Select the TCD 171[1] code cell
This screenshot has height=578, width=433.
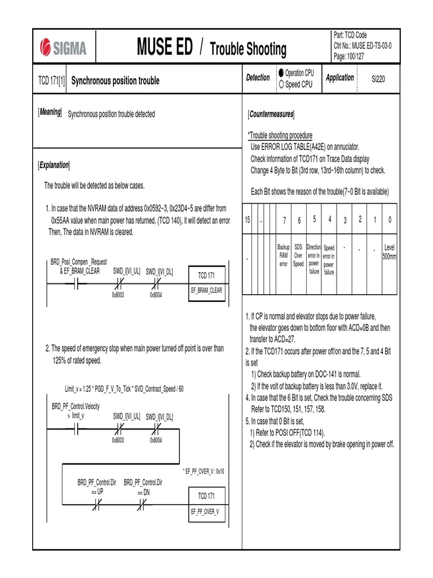(51, 81)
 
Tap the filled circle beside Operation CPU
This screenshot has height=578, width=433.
(281, 73)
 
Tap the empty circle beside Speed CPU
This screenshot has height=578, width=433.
(281, 85)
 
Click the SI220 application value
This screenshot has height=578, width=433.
(378, 80)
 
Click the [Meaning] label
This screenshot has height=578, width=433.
(50, 113)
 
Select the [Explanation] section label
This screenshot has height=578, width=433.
(54, 165)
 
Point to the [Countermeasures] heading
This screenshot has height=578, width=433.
(271, 114)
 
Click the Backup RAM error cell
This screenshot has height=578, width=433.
(284, 256)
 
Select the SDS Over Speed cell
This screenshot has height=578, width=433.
(298, 256)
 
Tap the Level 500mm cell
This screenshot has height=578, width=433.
(389, 252)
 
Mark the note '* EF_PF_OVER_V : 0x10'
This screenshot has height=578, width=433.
(203, 471)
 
